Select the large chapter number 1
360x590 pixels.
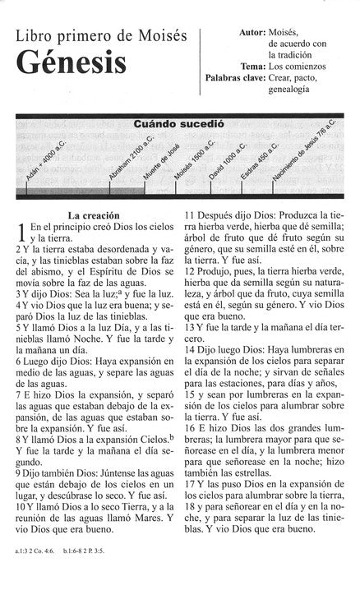click(21, 234)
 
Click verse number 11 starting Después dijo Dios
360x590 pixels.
click(190, 215)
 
